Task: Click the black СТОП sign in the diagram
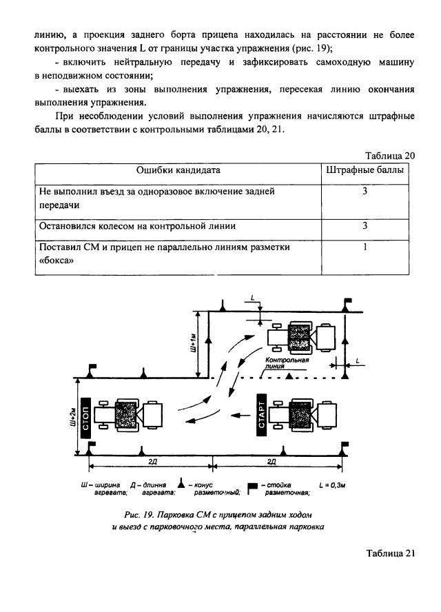[x=85, y=416]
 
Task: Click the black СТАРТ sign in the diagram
[x=261, y=414]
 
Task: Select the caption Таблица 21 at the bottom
[x=391, y=555]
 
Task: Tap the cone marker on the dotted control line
[x=290, y=376]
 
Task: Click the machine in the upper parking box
[x=301, y=337]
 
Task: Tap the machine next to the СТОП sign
[x=127, y=416]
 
